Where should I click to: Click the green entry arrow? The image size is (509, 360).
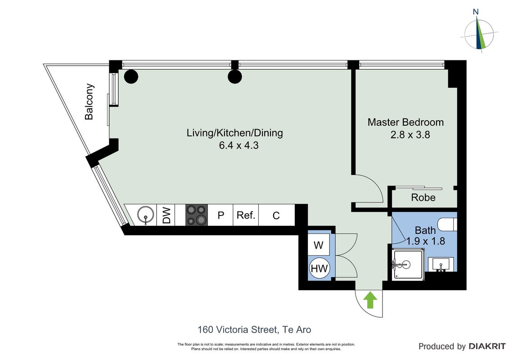pyautogui.click(x=370, y=300)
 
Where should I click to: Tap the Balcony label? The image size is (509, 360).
pyautogui.click(x=89, y=102)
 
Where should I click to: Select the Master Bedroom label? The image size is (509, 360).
pyautogui.click(x=405, y=122)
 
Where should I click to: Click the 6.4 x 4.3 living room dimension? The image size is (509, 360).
pyautogui.click(x=239, y=145)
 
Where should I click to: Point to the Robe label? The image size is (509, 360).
pyautogui.click(x=423, y=198)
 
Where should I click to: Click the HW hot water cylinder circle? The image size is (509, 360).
pyautogui.click(x=319, y=268)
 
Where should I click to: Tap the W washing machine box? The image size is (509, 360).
pyautogui.click(x=319, y=244)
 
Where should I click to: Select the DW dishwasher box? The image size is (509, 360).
pyautogui.click(x=166, y=215)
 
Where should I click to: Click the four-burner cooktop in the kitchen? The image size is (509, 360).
pyautogui.click(x=196, y=215)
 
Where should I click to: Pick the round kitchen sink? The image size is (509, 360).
pyautogui.click(x=145, y=215)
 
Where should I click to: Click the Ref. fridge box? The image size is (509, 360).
pyautogui.click(x=246, y=215)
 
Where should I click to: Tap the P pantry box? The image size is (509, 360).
pyautogui.click(x=221, y=215)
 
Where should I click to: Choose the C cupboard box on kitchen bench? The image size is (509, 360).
pyautogui.click(x=276, y=215)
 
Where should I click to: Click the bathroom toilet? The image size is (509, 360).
pyautogui.click(x=447, y=224)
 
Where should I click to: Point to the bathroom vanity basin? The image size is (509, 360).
pyautogui.click(x=441, y=264)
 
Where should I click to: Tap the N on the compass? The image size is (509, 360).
pyautogui.click(x=476, y=12)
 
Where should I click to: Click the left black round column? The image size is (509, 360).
pyautogui.click(x=131, y=77)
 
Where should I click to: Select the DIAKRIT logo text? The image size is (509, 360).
pyautogui.click(x=486, y=346)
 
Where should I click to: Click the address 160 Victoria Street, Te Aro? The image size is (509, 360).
pyautogui.click(x=254, y=330)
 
